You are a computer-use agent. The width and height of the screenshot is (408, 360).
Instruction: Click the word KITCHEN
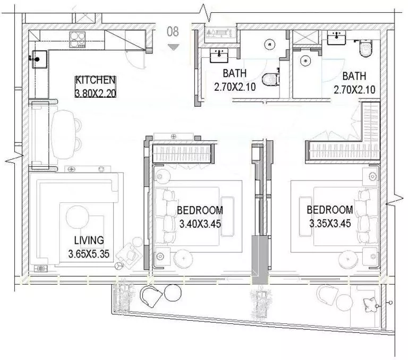(x=96, y=81)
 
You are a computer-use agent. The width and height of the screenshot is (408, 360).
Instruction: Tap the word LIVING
(x=89, y=240)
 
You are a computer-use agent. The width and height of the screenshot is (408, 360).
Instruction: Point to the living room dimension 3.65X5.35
(x=89, y=254)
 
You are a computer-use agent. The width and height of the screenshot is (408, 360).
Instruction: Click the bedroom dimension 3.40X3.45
(x=200, y=224)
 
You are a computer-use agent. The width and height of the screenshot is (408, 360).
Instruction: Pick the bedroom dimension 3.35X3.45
(x=329, y=224)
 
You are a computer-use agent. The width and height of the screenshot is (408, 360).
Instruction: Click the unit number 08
(x=173, y=31)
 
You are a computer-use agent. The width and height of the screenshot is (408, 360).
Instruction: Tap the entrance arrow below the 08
(x=173, y=47)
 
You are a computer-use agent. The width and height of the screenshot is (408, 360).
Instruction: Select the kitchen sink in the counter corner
(x=39, y=59)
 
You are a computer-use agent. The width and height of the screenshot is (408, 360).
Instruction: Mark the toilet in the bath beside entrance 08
(x=272, y=79)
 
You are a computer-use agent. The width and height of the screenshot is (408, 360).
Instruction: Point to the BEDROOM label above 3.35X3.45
(x=329, y=210)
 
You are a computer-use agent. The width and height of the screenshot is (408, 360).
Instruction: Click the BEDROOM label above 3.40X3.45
(x=200, y=210)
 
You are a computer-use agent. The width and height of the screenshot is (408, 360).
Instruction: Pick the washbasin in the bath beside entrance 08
(x=219, y=54)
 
